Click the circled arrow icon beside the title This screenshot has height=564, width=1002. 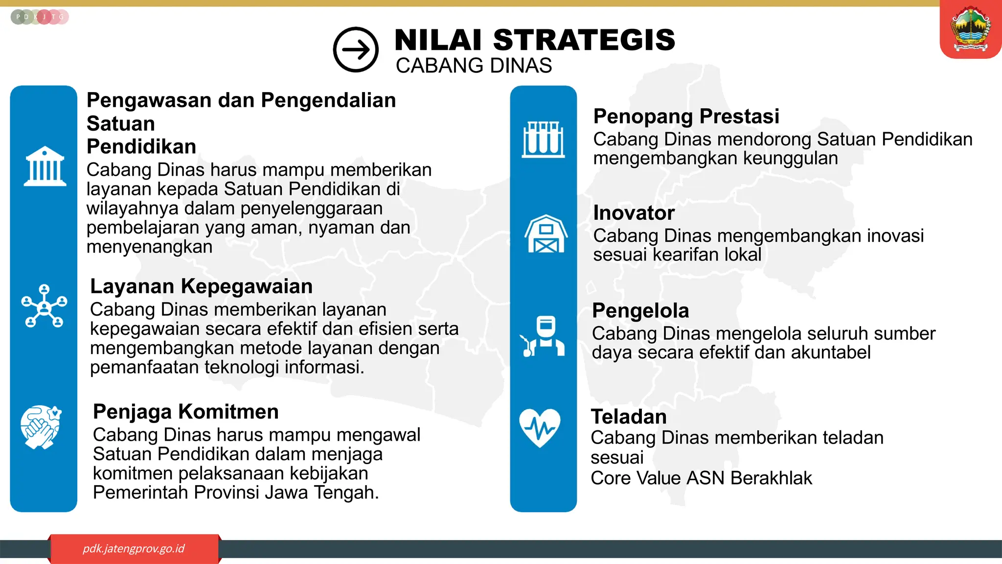point(356,49)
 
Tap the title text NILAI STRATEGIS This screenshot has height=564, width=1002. point(534,40)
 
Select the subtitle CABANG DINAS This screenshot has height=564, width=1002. point(474,66)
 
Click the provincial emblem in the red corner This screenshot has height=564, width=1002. point(971,29)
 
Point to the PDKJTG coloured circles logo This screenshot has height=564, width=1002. point(39,17)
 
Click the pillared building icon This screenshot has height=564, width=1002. point(45,166)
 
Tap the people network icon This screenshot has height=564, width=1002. point(45,306)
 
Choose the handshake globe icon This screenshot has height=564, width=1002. point(42,427)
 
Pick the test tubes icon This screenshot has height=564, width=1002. point(543,140)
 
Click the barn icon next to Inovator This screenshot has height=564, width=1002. point(546,234)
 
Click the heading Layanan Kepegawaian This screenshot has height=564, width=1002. point(201,286)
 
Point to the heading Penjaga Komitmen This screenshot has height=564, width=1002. point(185,412)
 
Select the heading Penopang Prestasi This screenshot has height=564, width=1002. point(686,117)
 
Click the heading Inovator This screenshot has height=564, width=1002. point(634,213)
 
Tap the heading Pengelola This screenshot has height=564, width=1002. point(640,311)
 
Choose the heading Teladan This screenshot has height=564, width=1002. point(629,417)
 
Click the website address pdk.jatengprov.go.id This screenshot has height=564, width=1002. point(134,548)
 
